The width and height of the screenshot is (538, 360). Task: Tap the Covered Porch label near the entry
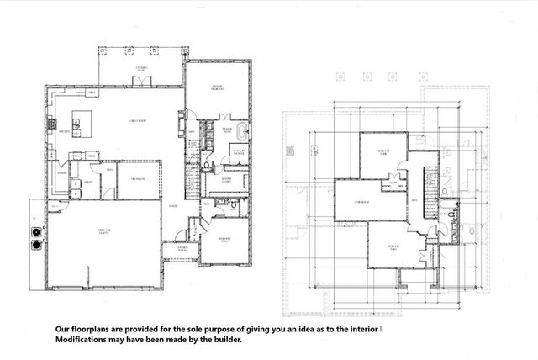click(182, 247)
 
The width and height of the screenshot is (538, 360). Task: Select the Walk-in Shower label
click(239, 155)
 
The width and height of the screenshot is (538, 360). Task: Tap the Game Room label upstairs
click(361, 203)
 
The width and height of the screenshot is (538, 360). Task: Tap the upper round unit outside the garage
click(36, 231)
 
